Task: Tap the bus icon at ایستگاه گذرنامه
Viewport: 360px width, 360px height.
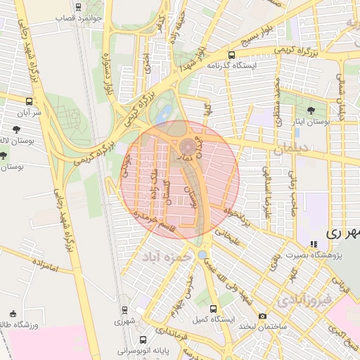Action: (231, 54)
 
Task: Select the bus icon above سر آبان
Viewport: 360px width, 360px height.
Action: (28, 101)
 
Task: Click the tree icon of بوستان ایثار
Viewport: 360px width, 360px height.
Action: (311, 110)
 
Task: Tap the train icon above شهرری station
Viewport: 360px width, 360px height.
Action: (124, 309)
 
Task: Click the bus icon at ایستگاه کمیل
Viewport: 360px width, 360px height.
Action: (214, 309)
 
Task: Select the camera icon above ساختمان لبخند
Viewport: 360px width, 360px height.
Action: (263, 316)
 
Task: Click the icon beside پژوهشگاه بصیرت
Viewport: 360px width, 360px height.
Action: (314, 244)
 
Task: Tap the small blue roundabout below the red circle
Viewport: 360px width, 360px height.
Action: (202, 255)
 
